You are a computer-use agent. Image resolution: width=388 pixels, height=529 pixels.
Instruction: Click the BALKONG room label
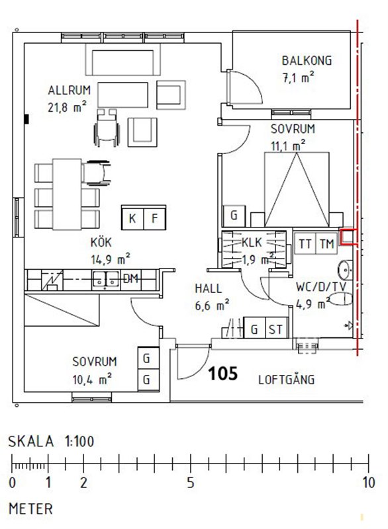[307, 61]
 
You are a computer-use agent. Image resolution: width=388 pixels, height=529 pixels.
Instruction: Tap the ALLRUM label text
[70, 91]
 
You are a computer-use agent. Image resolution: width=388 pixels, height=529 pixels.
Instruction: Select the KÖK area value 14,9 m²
[111, 259]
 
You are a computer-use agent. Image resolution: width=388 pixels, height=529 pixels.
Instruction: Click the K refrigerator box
[132, 218]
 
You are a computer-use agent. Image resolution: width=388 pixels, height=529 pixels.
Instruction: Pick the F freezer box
[155, 218]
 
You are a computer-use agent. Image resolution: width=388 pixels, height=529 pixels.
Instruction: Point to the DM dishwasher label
[130, 278]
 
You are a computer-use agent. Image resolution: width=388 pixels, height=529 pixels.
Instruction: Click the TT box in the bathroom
[305, 243]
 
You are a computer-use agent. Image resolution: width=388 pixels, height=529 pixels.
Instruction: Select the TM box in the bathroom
[326, 243]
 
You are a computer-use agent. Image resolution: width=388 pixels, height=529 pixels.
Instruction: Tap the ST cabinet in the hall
[276, 328]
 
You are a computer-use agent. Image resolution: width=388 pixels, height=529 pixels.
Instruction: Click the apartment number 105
[223, 374]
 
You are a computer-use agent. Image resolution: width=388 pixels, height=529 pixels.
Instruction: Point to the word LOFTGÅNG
[286, 380]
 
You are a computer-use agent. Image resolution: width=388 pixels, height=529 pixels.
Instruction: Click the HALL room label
[209, 288]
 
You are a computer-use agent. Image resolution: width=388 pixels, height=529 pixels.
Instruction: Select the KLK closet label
[252, 242]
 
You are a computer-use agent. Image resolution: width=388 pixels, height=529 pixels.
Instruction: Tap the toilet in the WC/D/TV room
[340, 300]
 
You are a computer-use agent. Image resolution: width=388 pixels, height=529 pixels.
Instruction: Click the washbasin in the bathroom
[345, 270]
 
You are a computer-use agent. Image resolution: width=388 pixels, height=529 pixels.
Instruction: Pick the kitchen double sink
[106, 280]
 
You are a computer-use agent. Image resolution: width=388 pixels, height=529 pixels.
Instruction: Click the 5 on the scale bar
[191, 483]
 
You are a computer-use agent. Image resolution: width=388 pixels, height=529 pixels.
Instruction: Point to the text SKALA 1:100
[52, 442]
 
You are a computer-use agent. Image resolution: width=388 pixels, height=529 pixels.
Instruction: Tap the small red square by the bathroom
[348, 237]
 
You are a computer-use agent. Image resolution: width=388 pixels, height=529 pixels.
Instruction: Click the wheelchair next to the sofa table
[107, 128]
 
